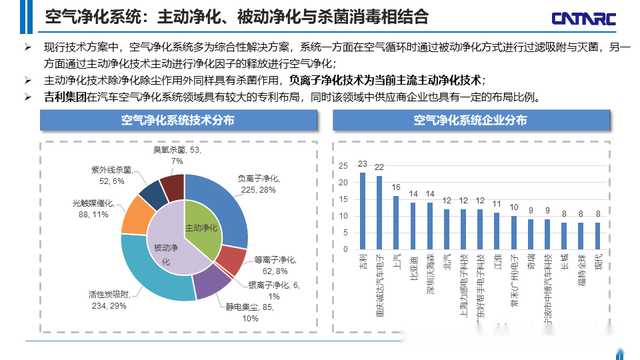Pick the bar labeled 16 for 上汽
[397, 221]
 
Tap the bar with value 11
[497, 230]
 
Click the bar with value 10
[514, 232]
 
